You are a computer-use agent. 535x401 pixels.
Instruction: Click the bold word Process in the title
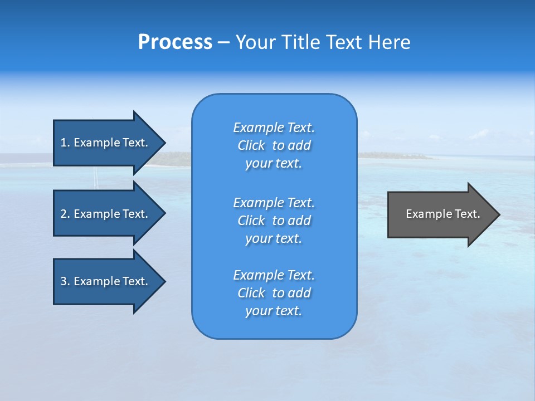[x=175, y=42]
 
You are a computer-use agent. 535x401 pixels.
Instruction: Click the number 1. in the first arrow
[x=65, y=143]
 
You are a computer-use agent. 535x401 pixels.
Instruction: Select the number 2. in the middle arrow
[x=65, y=214]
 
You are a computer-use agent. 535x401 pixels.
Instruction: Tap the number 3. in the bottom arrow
[x=65, y=281]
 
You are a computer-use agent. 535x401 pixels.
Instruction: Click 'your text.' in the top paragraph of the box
[x=274, y=164]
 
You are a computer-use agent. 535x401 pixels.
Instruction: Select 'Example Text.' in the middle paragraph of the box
[x=274, y=202]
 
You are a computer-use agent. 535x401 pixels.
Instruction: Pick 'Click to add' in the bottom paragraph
[x=274, y=293]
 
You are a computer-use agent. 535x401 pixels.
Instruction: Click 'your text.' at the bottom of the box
[x=274, y=311]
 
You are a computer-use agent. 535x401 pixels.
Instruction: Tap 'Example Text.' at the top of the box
[x=274, y=128]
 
